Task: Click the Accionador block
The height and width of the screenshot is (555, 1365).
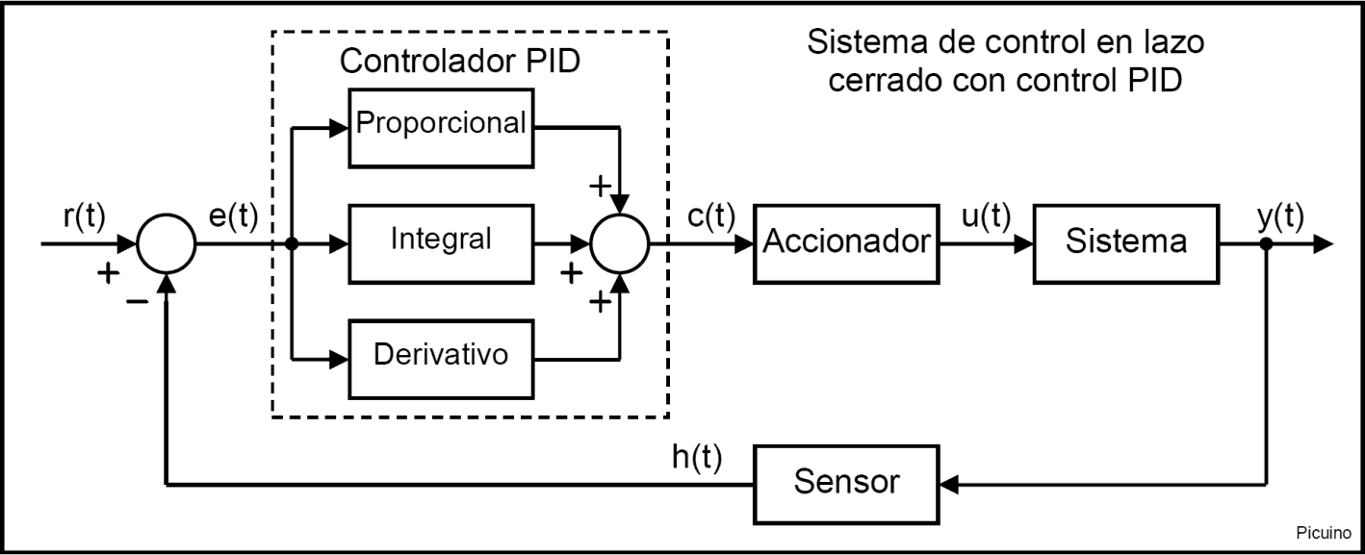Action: (x=846, y=243)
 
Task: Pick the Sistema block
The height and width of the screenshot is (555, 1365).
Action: (x=1125, y=243)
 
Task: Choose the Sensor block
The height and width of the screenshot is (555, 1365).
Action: (x=846, y=483)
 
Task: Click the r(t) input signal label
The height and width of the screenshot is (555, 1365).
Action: (x=83, y=218)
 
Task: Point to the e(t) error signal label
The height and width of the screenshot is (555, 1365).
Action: (x=233, y=218)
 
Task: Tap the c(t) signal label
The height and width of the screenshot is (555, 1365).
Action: (x=711, y=218)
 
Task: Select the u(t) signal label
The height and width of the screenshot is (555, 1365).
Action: (x=986, y=218)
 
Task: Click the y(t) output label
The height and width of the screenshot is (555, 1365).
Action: (x=1280, y=218)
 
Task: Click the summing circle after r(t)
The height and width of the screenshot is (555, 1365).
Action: (x=167, y=243)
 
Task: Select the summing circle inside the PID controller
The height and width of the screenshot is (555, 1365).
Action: (x=620, y=243)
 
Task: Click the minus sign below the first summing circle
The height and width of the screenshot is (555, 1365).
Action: (x=137, y=301)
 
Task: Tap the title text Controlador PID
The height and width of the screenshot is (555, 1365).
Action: (x=460, y=62)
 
